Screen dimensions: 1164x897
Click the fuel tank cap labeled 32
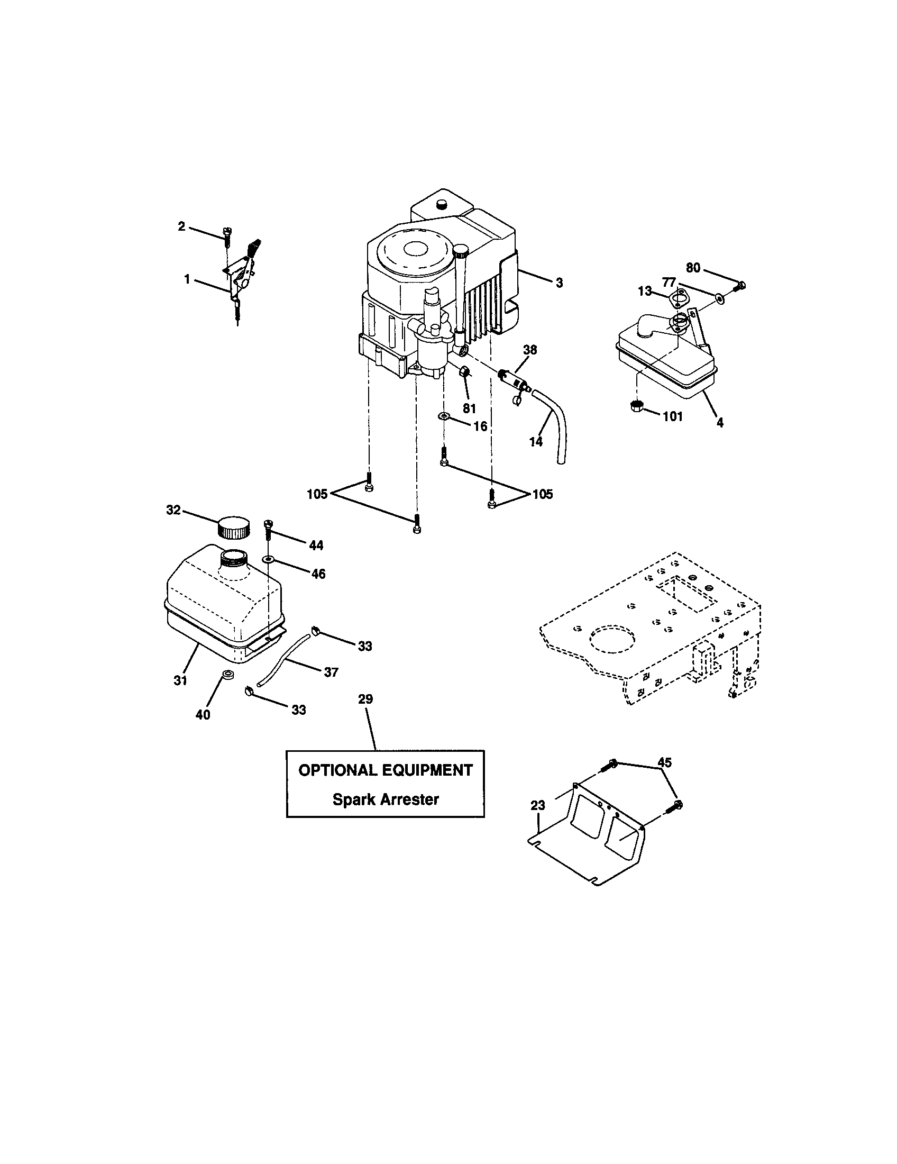pos(233,526)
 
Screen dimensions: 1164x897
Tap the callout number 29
pos(365,699)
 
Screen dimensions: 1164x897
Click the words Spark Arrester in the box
pos(385,799)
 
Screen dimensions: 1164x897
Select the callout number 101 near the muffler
pos(672,416)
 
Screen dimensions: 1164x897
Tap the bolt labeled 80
pos(739,287)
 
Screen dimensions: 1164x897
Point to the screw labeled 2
pos(228,237)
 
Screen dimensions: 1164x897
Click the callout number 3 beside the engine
pos(559,284)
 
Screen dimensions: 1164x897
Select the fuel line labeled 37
pos(285,658)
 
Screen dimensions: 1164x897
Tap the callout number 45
pos(664,762)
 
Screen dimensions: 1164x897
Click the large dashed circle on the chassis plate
pos(612,638)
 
